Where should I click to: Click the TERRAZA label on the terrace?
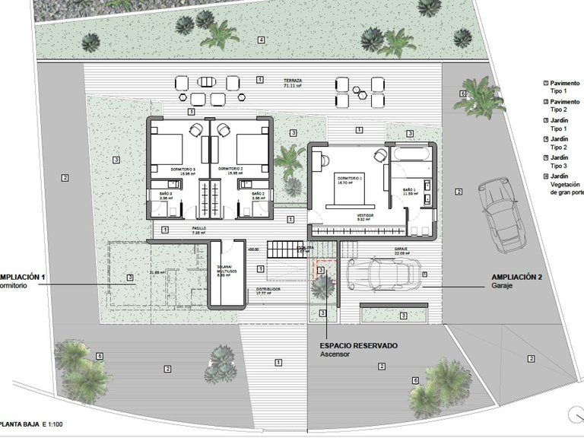(294, 80)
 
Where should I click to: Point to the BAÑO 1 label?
(409, 190)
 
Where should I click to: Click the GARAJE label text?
(401, 249)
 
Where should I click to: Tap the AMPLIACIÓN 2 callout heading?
(516, 278)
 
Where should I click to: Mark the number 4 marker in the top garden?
(261, 40)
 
